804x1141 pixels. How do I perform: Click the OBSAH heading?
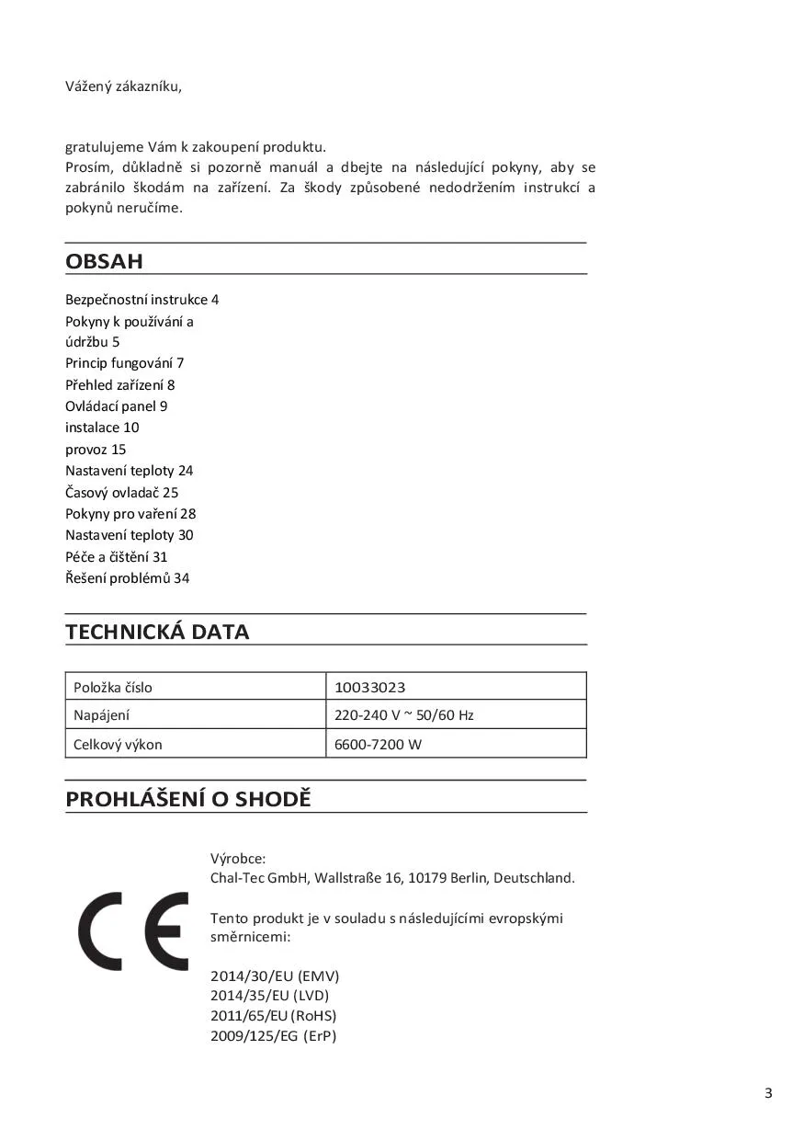click(x=104, y=261)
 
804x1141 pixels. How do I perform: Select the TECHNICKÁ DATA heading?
click(x=157, y=632)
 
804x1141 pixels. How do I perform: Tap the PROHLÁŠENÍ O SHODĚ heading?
click(x=188, y=799)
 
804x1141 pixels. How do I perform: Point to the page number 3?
click(x=768, y=1093)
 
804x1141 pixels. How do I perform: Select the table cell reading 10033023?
click(x=370, y=687)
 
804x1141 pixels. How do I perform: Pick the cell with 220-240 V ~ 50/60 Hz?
click(x=404, y=714)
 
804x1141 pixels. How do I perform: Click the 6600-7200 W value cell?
click(x=378, y=744)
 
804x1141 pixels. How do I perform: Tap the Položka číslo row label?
click(x=113, y=687)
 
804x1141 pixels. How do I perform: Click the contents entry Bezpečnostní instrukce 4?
click(x=142, y=300)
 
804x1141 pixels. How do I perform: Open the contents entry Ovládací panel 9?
click(x=116, y=405)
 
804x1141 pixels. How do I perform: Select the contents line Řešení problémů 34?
click(x=127, y=578)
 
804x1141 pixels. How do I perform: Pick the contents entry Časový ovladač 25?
click(x=121, y=492)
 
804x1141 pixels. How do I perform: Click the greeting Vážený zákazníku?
click(x=123, y=86)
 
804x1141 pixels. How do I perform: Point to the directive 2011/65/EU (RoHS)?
click(x=273, y=1015)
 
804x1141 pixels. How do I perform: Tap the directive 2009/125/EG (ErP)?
click(x=273, y=1035)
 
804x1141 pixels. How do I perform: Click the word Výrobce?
click(x=238, y=858)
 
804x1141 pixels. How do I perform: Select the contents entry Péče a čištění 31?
click(x=116, y=556)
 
